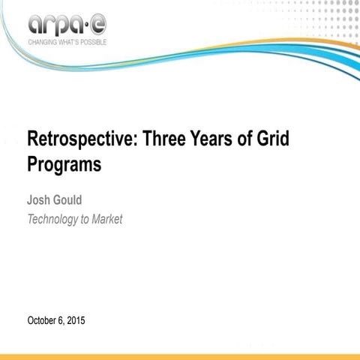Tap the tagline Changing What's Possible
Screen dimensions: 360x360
[67, 42]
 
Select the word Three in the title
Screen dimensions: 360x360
[163, 140]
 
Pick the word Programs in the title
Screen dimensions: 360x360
[64, 165]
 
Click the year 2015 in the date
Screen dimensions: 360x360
[76, 321]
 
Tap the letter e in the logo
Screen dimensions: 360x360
[98, 25]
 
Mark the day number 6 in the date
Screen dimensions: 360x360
[62, 321]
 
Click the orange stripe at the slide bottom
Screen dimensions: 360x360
[180, 356]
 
